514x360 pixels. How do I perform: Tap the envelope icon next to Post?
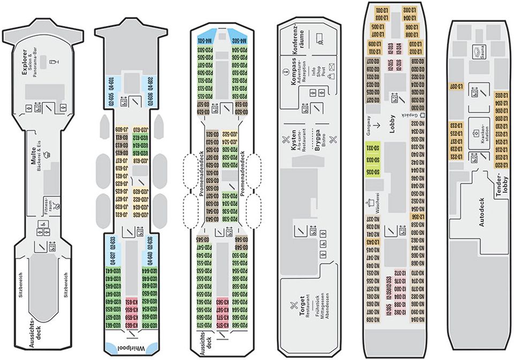click(331, 66)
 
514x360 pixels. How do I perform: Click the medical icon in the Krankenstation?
click(475, 132)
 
